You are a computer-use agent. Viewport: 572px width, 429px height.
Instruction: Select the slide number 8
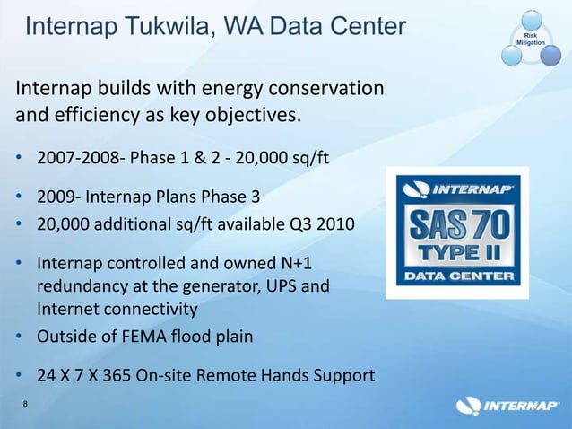(x=25, y=405)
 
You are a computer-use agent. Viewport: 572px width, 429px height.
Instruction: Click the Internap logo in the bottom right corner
(x=507, y=407)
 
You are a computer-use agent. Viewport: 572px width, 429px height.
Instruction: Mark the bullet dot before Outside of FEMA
(x=21, y=338)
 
